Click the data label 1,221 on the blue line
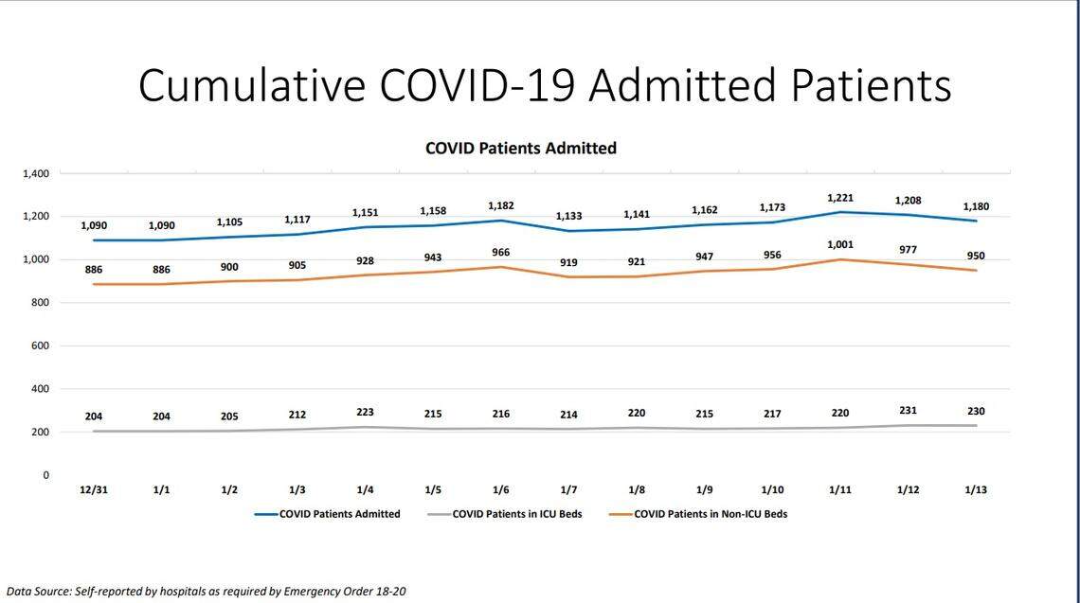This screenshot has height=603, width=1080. click(x=840, y=198)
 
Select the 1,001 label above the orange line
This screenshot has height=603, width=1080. click(x=840, y=243)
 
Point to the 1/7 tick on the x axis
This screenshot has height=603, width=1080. click(x=568, y=490)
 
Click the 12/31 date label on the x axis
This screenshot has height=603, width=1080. click(x=93, y=490)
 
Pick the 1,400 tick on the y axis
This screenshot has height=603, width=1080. click(x=35, y=174)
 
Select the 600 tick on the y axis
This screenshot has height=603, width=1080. click(x=39, y=346)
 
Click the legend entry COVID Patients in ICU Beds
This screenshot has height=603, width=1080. click(x=517, y=514)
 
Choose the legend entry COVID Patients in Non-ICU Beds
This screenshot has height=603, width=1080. click(x=711, y=514)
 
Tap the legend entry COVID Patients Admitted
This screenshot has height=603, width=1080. click(x=339, y=514)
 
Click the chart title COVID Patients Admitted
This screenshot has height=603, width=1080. click(x=520, y=148)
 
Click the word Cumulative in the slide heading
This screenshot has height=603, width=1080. click(x=251, y=85)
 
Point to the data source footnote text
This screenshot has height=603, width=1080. click(x=206, y=591)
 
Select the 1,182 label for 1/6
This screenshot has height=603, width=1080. click(x=500, y=205)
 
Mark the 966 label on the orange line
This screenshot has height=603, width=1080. click(x=500, y=253)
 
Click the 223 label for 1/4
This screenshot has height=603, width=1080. click(x=365, y=413)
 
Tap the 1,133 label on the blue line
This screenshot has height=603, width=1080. click(x=568, y=217)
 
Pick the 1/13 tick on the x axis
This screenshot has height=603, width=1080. click(x=976, y=490)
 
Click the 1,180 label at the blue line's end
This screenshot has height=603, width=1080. click(x=976, y=206)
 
